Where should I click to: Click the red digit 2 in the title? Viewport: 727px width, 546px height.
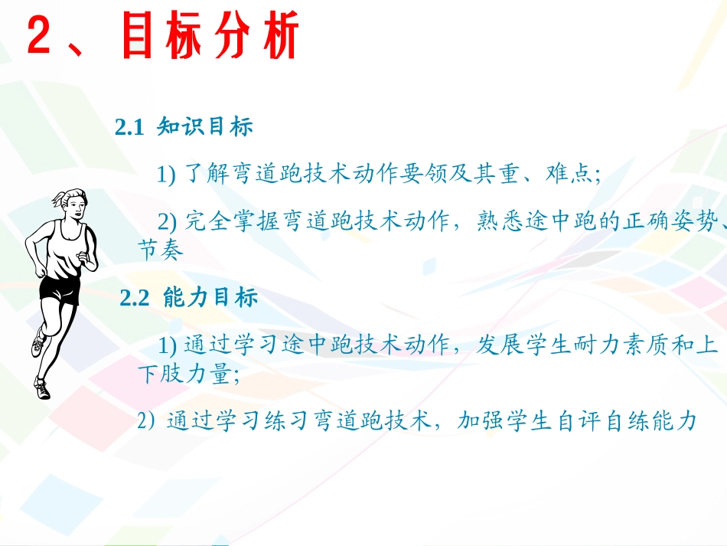pyautogui.click(x=40, y=38)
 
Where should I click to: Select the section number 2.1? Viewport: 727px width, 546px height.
pyautogui.click(x=129, y=128)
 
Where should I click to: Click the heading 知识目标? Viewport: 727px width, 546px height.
pyautogui.click(x=204, y=128)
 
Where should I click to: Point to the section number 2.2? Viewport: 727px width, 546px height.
pyautogui.click(x=135, y=299)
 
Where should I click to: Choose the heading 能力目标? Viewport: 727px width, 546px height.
pyautogui.click(x=210, y=299)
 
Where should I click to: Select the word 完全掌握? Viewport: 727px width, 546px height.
pyautogui.click(x=232, y=222)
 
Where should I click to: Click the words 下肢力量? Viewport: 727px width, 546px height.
pyautogui.click(x=184, y=375)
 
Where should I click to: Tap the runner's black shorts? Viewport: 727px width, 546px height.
pyautogui.click(x=60, y=289)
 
